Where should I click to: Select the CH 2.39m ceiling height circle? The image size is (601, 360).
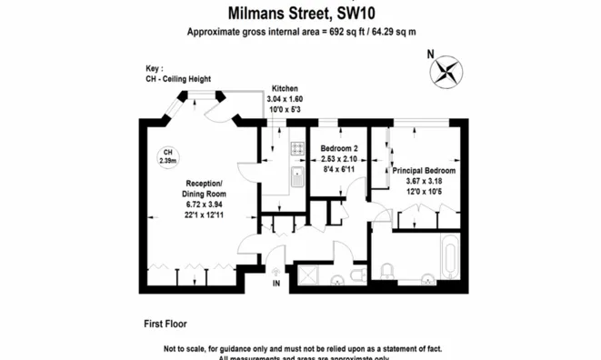pos(167,156)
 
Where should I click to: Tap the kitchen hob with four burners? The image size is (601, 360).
pos(296,147)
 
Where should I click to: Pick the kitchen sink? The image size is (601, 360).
pos(296,177)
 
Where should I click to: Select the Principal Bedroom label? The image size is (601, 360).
pos(423,170)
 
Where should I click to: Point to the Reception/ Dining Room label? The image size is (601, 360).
pos(204,188)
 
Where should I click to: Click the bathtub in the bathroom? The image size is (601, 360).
pos(451,260)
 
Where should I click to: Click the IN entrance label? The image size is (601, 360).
pos(276,284)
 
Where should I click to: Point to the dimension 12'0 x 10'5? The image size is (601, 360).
pos(423,190)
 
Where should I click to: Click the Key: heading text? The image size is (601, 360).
pos(154,69)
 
